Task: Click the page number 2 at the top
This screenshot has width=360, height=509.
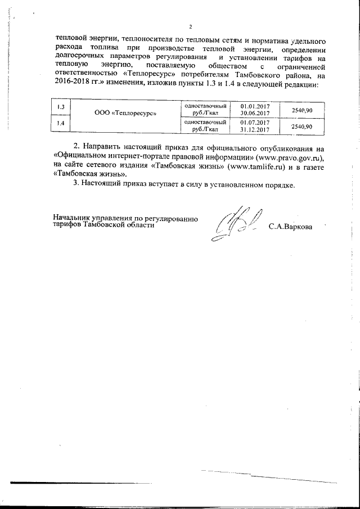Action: click(191, 27)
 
